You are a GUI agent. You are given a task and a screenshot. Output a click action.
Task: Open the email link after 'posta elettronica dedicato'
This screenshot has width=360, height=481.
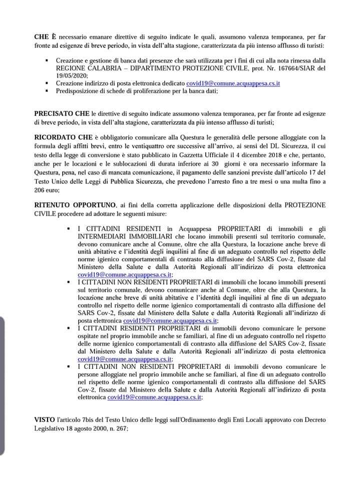coord(233,83)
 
